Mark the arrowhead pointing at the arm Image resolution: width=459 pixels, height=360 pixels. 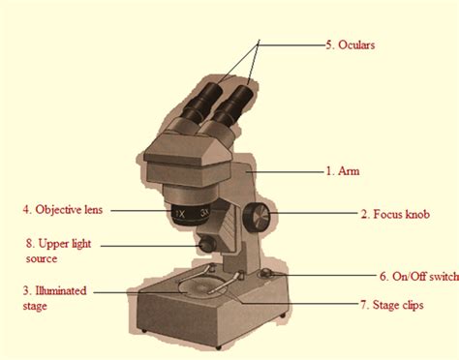[249, 169]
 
